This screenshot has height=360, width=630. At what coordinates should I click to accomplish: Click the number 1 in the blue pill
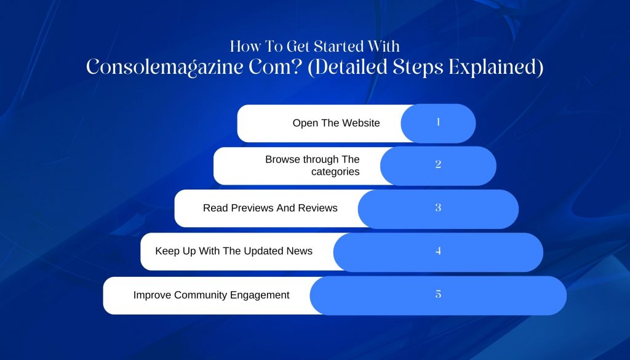438,122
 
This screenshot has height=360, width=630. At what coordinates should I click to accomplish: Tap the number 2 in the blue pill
438,164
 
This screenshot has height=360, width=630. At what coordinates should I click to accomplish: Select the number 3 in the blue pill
438,207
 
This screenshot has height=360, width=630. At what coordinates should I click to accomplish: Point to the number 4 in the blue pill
438,250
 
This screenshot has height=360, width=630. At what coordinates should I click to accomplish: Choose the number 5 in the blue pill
438,294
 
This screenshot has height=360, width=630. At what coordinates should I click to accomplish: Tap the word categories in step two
335,172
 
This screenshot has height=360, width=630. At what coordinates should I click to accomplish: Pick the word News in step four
300,251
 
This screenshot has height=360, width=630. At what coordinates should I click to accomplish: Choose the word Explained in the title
496,67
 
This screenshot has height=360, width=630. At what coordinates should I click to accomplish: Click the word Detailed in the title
348,66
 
